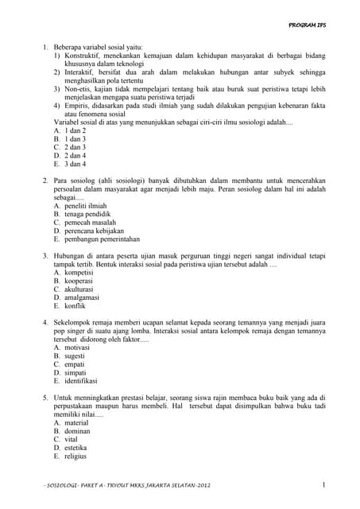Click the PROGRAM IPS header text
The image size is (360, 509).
coord(307,25)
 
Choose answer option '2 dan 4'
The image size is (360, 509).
coord(74,157)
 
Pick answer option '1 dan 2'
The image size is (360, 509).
coord(74,130)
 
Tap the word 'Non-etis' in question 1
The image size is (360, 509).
coord(79,89)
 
